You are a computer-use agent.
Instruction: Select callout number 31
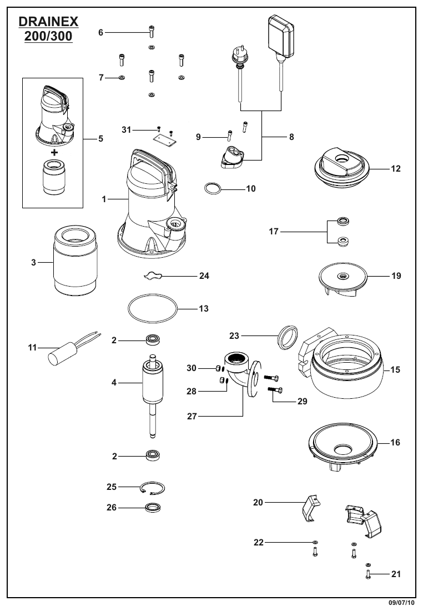(x=127, y=129)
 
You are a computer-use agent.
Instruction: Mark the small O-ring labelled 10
(x=212, y=188)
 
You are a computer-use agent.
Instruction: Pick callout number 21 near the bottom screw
(x=396, y=574)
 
